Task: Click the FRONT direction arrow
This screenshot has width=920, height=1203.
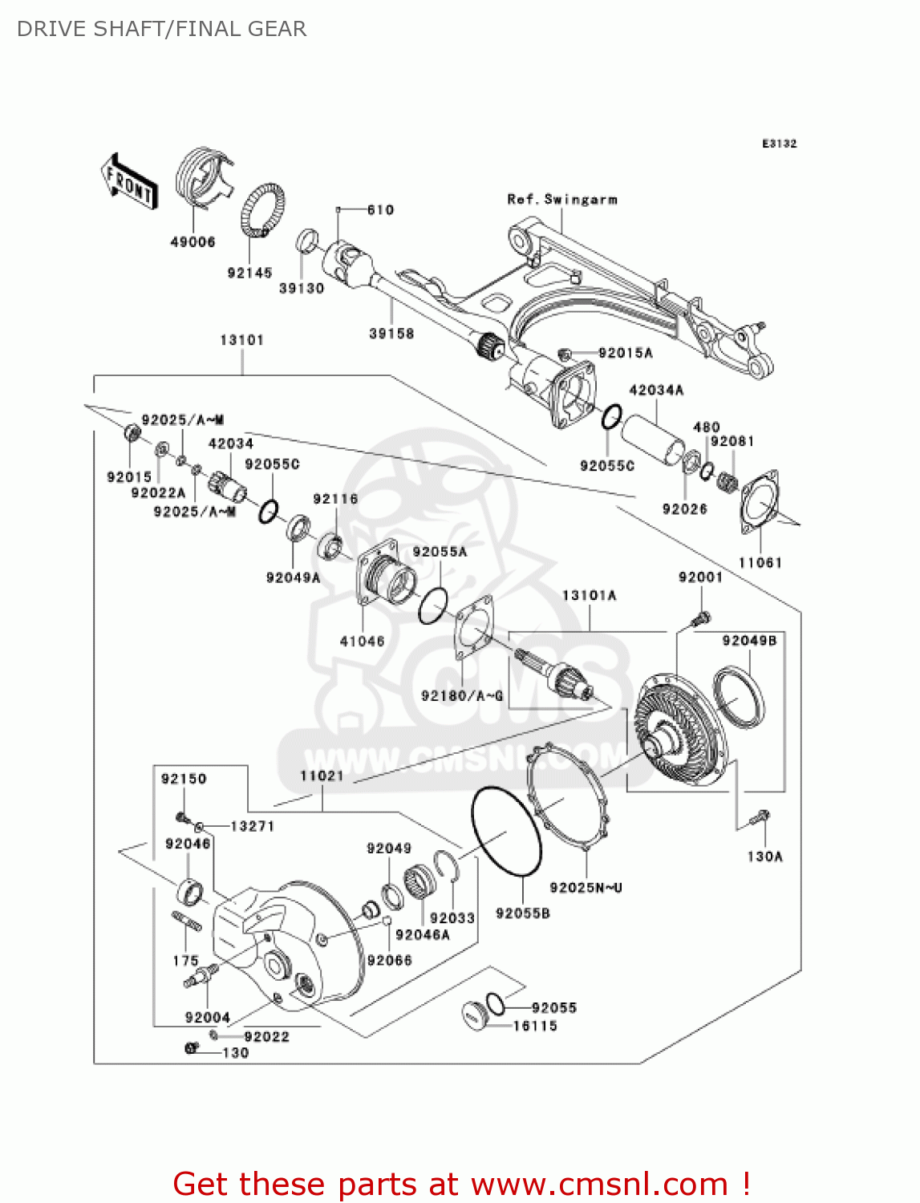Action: coord(128,182)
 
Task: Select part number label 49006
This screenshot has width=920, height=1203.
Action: coord(193,241)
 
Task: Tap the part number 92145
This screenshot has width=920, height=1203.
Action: coord(249,273)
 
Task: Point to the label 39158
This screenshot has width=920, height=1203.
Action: coord(391,333)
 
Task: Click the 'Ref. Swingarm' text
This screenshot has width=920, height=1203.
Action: coord(562,199)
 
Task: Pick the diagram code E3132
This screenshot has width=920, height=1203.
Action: coord(779,144)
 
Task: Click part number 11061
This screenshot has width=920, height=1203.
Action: coord(760,562)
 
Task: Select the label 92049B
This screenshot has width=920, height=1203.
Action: coord(749,640)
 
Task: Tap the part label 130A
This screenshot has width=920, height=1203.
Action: coord(764,857)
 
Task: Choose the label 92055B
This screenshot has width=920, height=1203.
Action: coord(523,913)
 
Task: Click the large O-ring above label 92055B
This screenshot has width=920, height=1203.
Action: coord(506,831)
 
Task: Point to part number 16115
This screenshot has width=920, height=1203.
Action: coord(535,1026)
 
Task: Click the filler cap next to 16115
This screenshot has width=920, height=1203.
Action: coord(475,1015)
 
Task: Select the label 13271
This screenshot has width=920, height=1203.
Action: coord(252,826)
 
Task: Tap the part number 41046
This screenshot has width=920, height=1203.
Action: coord(362,641)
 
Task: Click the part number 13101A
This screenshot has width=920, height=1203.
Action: coord(589,595)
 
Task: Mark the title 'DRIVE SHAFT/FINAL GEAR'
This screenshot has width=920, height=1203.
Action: coord(161,29)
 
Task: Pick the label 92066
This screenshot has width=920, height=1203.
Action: coord(389,960)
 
